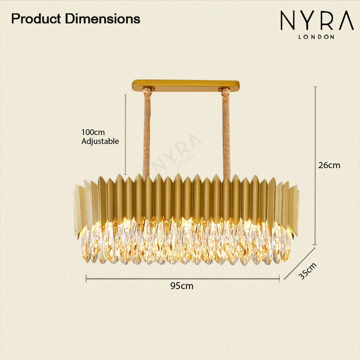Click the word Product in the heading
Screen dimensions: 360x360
click(36, 19)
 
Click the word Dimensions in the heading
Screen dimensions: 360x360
click(103, 19)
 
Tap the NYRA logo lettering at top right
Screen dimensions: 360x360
click(317, 21)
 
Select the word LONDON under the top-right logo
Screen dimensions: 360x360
click(316, 37)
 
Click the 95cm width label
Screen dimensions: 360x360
click(182, 286)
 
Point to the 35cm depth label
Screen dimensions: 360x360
click(308, 271)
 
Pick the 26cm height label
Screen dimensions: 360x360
click(329, 165)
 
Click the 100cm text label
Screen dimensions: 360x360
click(93, 132)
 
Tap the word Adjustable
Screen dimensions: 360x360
click(100, 141)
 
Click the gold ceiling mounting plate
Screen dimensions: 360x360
click(185, 86)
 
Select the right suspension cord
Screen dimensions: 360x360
click(226, 133)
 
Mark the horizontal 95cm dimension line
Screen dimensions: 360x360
click(183, 279)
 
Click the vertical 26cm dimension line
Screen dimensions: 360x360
click(315, 166)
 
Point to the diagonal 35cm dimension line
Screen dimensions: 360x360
click(300, 264)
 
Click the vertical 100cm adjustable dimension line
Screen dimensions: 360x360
click(125, 135)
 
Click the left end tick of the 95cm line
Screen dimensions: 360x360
click(86, 279)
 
